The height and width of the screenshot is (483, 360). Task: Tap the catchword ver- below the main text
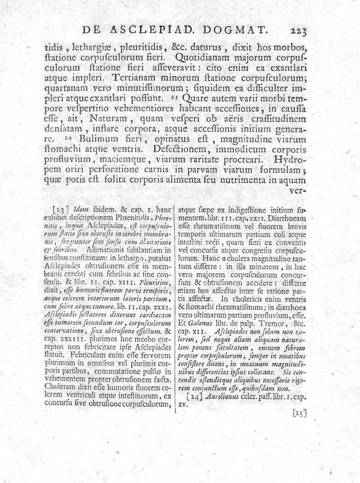point(298,190)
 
